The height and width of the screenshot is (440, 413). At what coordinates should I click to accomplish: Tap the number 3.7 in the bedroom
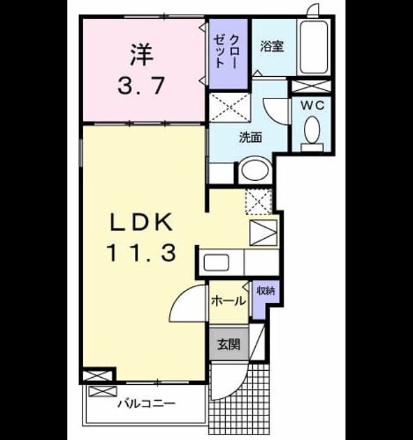pos(141,86)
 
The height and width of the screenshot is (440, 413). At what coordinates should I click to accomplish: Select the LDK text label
pos(141,222)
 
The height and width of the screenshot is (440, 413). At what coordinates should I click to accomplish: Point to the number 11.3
pos(141,253)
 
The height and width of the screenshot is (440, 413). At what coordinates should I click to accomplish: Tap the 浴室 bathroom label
pos(272,46)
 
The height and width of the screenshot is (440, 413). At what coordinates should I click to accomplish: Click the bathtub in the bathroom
pos(314,47)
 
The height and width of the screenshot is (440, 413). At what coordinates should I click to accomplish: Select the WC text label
pos(313,105)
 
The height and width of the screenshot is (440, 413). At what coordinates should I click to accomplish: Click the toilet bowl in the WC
pos(312,130)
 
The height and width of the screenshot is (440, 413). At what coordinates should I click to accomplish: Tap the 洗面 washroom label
pos(250,137)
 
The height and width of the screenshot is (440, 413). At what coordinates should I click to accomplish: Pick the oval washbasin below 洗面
pos(255,170)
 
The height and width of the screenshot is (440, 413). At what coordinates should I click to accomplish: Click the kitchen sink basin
pos(216,263)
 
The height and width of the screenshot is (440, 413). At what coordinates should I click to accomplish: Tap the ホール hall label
pos(229,301)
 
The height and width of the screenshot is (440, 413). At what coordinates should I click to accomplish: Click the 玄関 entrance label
pos(229,344)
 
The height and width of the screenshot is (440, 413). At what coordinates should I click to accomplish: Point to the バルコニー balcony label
pos(146,404)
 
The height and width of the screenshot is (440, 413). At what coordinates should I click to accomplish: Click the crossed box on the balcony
pos(103,391)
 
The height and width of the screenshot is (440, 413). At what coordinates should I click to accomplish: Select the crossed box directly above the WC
pos(311,86)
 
